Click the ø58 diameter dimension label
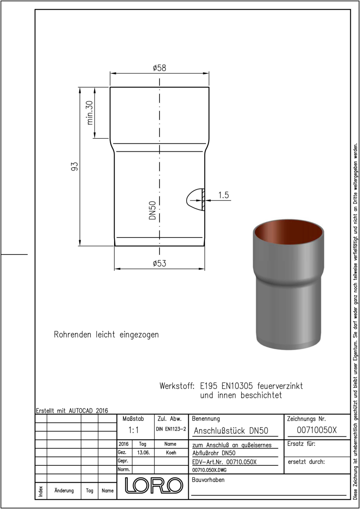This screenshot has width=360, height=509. [x=159, y=68]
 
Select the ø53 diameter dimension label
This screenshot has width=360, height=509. [x=159, y=263]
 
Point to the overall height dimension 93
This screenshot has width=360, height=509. [x=75, y=166]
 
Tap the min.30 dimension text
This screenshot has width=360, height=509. [x=90, y=113]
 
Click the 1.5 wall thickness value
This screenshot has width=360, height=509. [x=223, y=195]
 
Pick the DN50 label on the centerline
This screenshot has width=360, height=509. [x=152, y=210]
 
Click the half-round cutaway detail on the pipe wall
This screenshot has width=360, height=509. [x=195, y=199]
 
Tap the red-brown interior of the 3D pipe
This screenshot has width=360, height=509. [x=288, y=234]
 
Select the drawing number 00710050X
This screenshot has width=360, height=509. [x=317, y=430]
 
